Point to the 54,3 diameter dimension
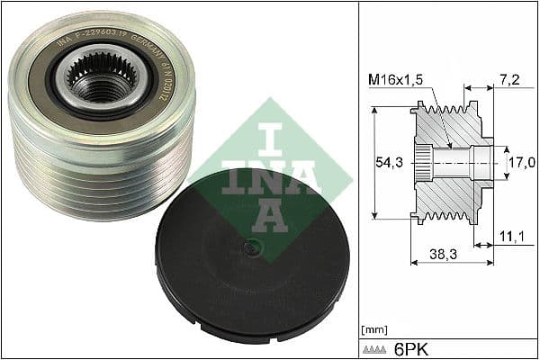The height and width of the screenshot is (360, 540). tap(387, 164)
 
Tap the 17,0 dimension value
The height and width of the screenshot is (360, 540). tap(522, 164)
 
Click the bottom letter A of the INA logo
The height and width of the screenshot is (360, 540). tap(270, 212)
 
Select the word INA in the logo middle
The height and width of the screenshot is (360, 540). tap(270, 177)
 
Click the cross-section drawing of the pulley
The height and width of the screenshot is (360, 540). tap(450, 163)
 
